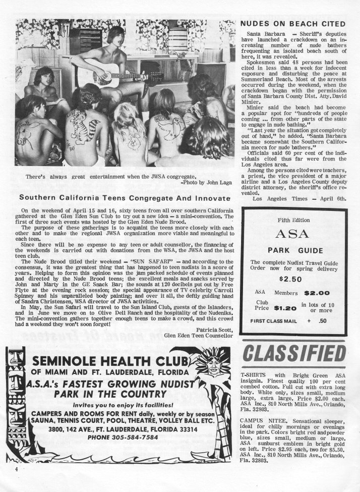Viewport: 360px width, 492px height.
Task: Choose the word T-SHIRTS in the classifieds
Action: click(x=254, y=374)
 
